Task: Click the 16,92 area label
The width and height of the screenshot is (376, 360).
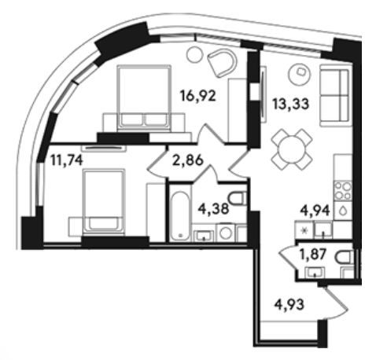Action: click(198, 96)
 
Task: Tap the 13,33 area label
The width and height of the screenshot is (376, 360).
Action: click(290, 104)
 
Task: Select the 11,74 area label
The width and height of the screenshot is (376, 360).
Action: click(67, 160)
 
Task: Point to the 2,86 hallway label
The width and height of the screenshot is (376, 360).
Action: click(188, 160)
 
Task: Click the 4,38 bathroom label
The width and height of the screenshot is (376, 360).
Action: click(213, 209)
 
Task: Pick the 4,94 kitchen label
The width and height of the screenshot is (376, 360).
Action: click(315, 211)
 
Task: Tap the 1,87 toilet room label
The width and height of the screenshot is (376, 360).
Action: click(313, 254)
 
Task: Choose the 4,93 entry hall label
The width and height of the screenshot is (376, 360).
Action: click(289, 305)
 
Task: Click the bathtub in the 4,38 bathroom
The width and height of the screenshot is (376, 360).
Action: click(179, 217)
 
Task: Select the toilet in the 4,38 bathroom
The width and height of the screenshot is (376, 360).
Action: click(238, 198)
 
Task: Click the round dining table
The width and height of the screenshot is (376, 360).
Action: click(292, 149)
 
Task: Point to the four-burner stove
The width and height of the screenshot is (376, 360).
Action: click(344, 190)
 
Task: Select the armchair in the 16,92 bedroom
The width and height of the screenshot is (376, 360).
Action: click(222, 63)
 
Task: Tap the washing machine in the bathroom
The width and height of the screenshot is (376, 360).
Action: click(226, 233)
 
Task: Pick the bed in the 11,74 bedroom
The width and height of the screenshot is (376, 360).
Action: click(104, 201)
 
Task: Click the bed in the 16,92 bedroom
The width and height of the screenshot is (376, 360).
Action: click(144, 97)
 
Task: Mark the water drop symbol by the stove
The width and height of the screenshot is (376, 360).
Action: click(343, 211)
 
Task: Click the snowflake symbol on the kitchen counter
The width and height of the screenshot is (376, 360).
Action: click(304, 231)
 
